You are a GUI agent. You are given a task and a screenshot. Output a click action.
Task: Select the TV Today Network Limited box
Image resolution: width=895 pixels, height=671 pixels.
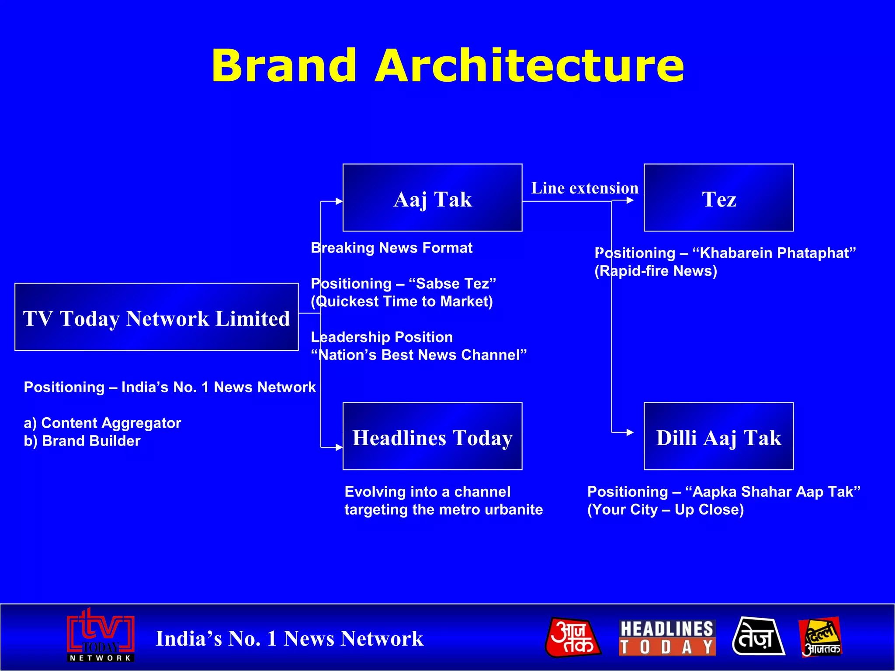156,317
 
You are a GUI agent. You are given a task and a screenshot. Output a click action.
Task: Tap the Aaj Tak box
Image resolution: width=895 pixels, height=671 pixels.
432,198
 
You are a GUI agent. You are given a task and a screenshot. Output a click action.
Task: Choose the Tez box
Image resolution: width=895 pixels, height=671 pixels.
718,198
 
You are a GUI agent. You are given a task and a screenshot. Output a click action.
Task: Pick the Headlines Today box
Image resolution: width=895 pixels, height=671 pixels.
432,436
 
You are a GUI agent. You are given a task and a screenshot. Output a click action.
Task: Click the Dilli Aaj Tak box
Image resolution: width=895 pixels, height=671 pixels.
718,436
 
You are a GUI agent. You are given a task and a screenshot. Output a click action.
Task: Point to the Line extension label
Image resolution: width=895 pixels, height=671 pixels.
584,188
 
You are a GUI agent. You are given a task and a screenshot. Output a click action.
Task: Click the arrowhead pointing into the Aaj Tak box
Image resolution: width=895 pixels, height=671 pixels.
339,201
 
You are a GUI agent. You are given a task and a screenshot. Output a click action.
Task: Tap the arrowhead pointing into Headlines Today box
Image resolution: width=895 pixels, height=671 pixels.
339,447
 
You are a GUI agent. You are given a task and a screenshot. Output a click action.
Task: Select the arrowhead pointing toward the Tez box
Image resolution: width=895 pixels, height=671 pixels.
630,201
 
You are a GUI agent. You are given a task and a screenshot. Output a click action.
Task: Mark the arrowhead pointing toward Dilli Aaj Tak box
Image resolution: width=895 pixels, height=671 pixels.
630,432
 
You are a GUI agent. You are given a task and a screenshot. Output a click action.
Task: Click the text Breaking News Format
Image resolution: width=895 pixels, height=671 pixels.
392,248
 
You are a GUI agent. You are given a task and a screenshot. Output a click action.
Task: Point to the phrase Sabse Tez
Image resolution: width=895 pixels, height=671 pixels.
452,284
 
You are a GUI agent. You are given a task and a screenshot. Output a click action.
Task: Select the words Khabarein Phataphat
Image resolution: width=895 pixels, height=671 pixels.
774,253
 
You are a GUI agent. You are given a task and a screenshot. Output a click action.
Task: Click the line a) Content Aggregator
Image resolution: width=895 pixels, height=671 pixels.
102,423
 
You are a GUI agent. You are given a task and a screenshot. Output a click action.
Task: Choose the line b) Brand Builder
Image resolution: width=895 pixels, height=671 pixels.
82,441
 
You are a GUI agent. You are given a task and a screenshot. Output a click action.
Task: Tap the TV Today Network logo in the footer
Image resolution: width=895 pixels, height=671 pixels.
101,636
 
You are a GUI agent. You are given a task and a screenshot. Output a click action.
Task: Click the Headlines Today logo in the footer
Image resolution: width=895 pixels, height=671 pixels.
667,638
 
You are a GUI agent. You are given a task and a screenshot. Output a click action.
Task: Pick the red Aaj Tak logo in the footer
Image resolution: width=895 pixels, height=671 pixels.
573,637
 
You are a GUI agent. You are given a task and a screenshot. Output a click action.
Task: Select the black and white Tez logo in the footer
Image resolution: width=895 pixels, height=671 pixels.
758,637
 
